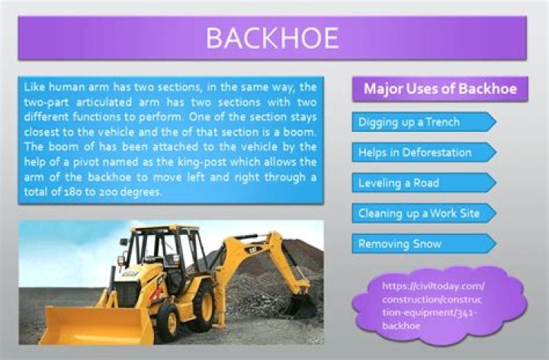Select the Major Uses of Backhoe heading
tap(440, 89)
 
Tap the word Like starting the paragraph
tap(35, 87)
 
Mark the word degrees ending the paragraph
tap(143, 192)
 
